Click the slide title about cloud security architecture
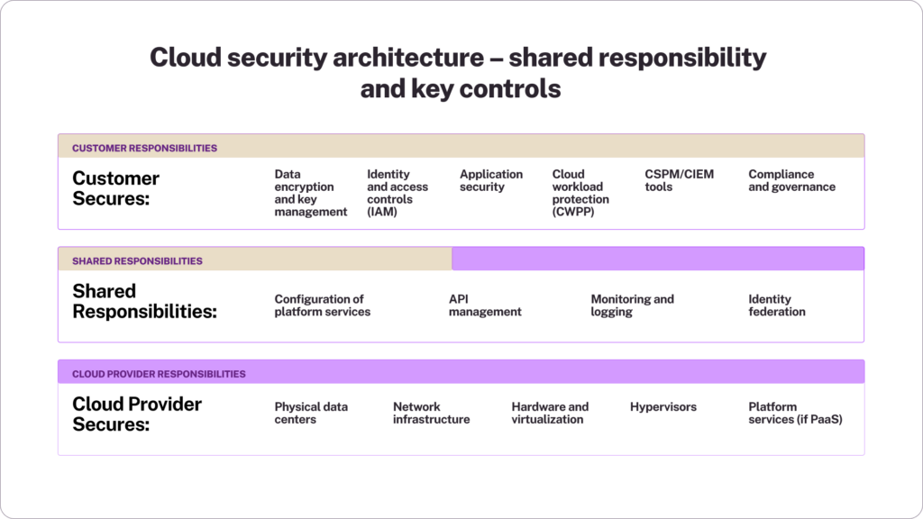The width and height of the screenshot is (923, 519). click(x=458, y=73)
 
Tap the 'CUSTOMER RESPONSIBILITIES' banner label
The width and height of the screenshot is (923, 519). click(x=144, y=148)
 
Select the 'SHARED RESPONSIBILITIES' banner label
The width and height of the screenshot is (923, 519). click(x=137, y=260)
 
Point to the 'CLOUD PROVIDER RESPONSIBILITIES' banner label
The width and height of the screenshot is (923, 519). click(x=159, y=374)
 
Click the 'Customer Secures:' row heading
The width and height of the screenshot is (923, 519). click(x=116, y=188)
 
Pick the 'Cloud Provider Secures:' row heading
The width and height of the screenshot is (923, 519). click(x=137, y=414)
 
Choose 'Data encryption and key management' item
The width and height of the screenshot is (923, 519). click(x=310, y=193)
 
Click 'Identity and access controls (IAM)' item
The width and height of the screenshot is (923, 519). click(x=398, y=193)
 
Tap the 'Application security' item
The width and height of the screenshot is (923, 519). click(x=490, y=180)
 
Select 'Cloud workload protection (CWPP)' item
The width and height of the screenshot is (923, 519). click(x=580, y=193)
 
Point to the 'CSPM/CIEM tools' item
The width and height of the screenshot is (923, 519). click(x=679, y=180)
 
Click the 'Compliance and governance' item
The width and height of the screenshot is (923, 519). click(x=791, y=180)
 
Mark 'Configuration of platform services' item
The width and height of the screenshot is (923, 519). click(x=322, y=305)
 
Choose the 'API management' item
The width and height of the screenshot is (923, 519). click(x=485, y=305)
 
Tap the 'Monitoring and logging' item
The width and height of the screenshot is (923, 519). click(x=632, y=305)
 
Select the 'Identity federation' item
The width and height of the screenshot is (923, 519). click(x=776, y=305)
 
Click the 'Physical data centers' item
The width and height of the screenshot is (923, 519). click(x=311, y=413)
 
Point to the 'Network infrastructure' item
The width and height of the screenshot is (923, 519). click(x=431, y=413)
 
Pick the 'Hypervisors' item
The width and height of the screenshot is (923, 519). click(x=663, y=407)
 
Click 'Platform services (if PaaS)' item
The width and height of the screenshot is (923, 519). click(x=795, y=413)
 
